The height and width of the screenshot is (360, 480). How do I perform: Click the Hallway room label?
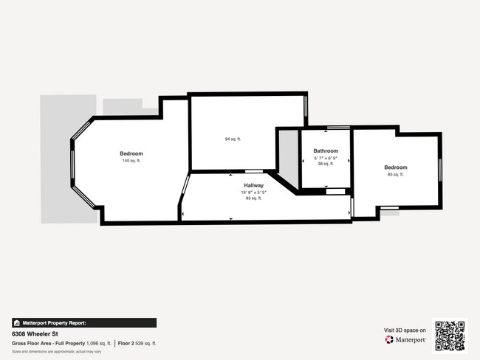click(x=254, y=185)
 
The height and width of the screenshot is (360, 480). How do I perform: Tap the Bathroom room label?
click(x=326, y=150)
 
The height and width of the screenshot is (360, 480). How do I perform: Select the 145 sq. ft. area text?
click(x=131, y=160)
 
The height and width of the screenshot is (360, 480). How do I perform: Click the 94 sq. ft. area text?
click(x=233, y=139)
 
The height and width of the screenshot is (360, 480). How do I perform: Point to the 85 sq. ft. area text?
click(x=396, y=174)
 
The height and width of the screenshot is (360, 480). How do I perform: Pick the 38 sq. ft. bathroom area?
click(x=326, y=164)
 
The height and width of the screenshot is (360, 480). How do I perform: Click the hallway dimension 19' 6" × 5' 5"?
click(x=254, y=192)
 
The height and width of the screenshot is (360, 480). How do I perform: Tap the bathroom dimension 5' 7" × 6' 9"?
click(x=326, y=157)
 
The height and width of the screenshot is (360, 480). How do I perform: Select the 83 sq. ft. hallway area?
click(x=254, y=198)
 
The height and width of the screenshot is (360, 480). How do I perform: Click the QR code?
click(x=450, y=336)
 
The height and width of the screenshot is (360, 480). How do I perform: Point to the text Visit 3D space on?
click(x=405, y=330)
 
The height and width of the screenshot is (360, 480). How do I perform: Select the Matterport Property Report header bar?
click(x=83, y=322)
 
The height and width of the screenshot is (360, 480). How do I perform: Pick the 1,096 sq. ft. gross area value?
click(x=99, y=343)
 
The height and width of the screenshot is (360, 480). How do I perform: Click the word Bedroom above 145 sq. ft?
click(x=131, y=153)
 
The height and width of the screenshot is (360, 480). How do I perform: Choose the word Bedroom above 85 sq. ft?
click(x=396, y=167)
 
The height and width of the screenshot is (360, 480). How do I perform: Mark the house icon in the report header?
click(x=16, y=322)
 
